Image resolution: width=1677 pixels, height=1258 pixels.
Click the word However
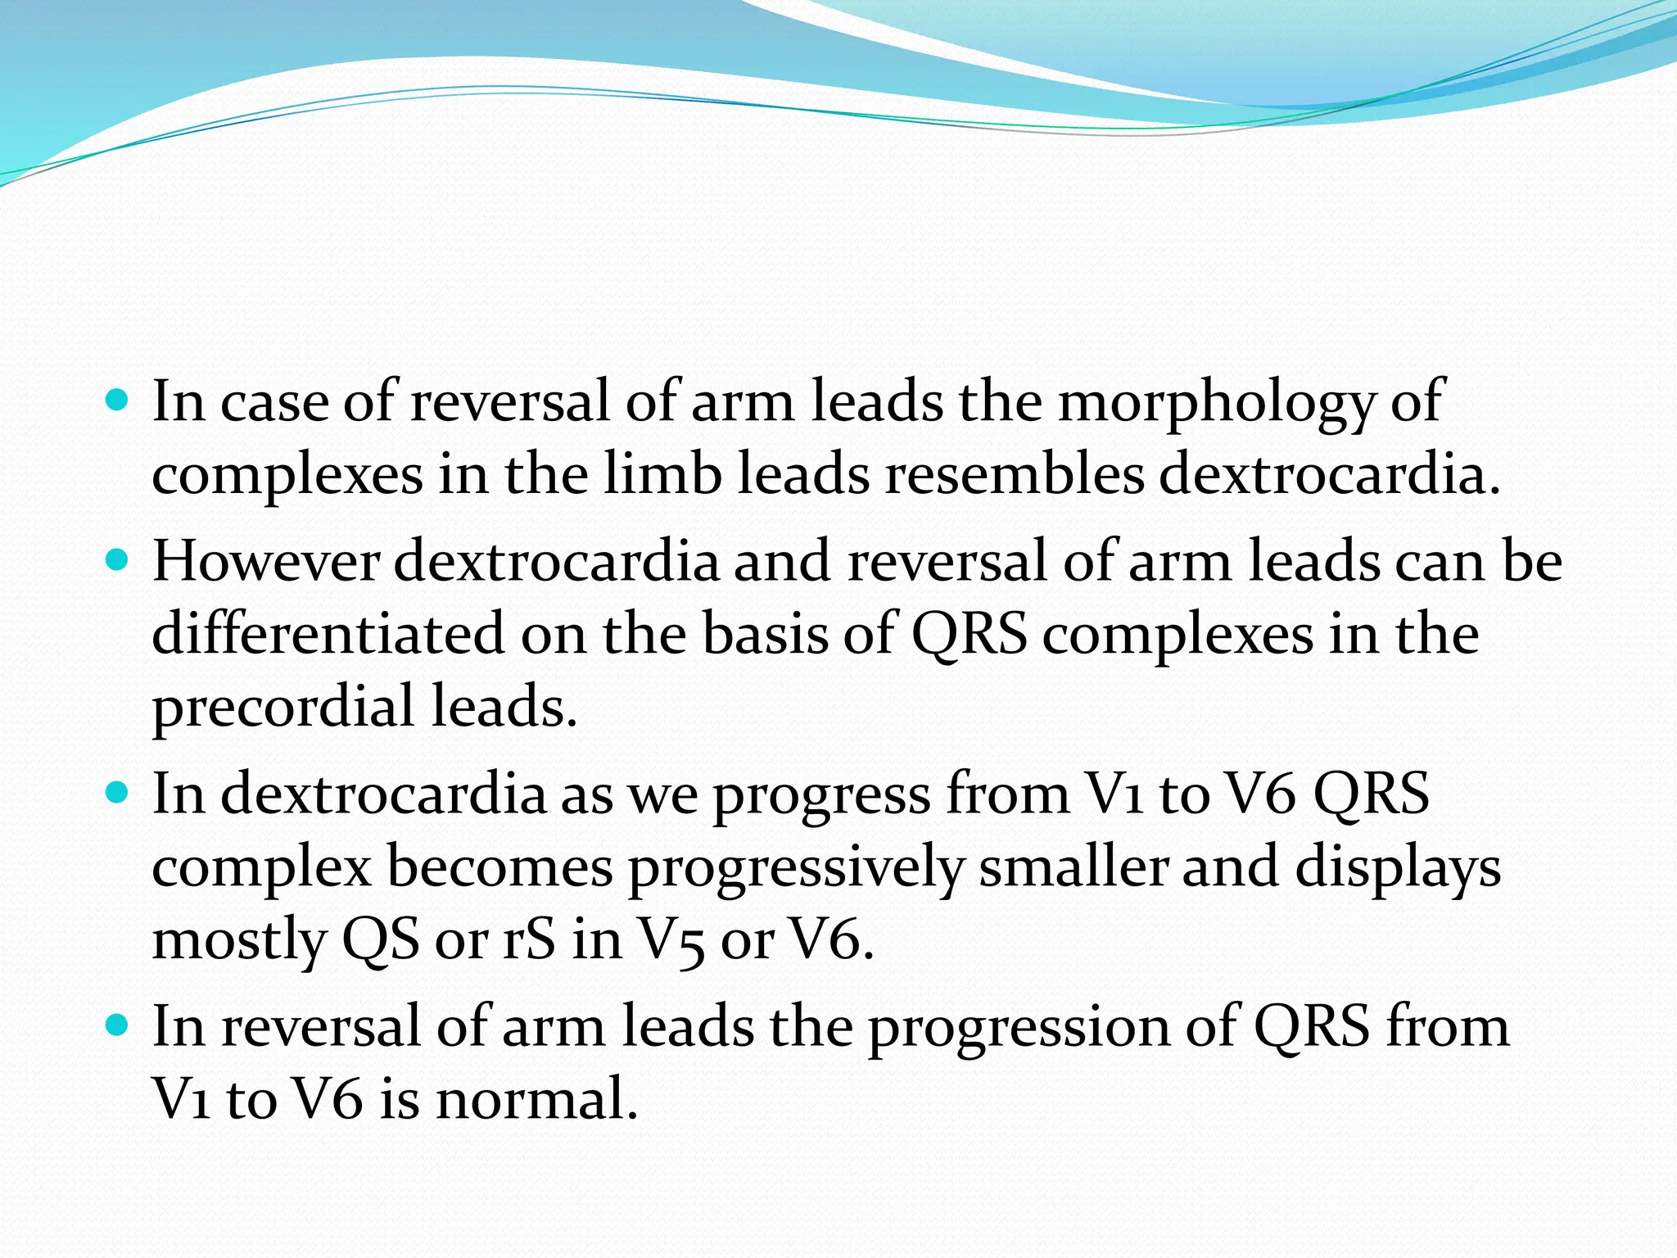coord(266,562)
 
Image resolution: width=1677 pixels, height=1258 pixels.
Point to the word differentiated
coord(328,634)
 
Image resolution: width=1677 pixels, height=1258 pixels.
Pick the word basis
coord(766,634)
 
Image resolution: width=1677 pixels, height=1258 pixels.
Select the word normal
coord(536,1099)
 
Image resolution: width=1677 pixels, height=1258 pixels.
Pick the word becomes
coord(500,867)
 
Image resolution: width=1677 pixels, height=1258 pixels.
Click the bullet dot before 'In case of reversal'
coord(118,401)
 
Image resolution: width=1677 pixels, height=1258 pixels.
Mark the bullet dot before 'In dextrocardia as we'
coord(118,793)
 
